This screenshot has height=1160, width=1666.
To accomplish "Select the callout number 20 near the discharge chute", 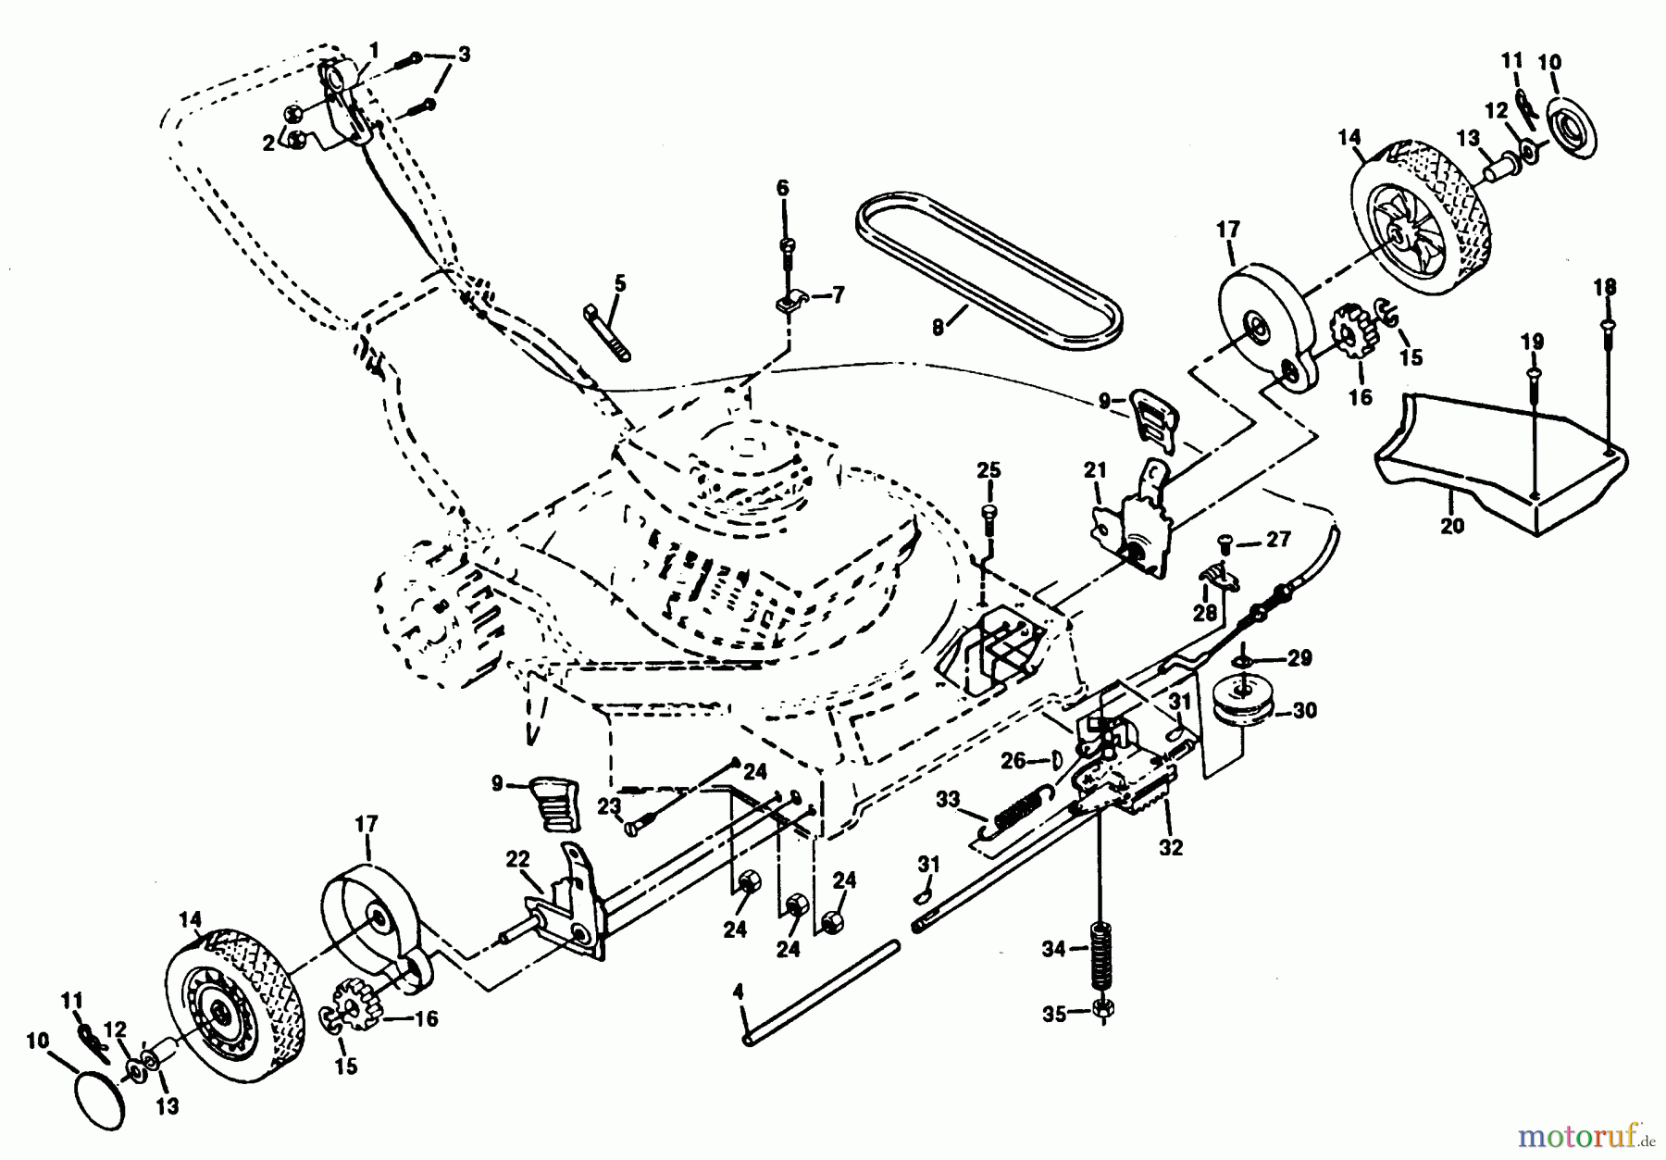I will click(x=1453, y=526).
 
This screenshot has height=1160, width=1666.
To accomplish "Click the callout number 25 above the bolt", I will click(x=988, y=470).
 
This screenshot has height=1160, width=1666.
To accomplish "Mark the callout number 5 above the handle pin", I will click(x=619, y=283).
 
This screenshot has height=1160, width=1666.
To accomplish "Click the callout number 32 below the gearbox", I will click(x=1171, y=847).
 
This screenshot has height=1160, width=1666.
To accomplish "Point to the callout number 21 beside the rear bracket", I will click(x=1095, y=470).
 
